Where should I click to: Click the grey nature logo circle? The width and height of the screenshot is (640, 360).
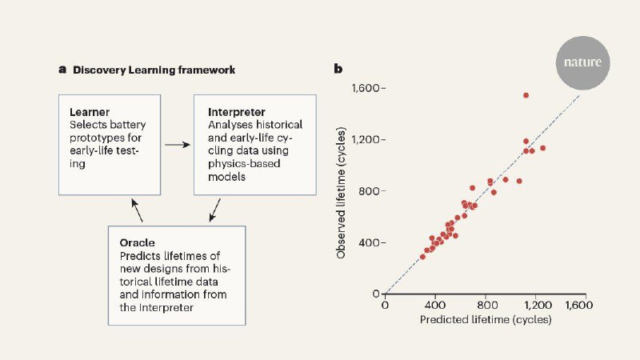[582, 61]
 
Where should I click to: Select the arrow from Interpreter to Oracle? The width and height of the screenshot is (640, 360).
[214, 212]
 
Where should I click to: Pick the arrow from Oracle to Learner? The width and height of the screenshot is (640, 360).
[139, 211]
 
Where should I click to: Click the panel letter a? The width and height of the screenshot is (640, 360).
[62, 70]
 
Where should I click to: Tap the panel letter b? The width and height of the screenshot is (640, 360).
[338, 70]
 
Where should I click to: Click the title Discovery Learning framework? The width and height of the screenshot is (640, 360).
[154, 70]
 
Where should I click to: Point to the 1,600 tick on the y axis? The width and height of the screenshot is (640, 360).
[368, 88]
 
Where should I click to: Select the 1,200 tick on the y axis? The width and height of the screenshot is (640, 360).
[368, 140]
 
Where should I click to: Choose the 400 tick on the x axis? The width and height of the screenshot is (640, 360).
[435, 305]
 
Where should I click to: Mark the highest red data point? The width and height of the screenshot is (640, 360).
[526, 95]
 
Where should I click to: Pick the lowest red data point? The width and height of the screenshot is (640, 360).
[422, 257]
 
